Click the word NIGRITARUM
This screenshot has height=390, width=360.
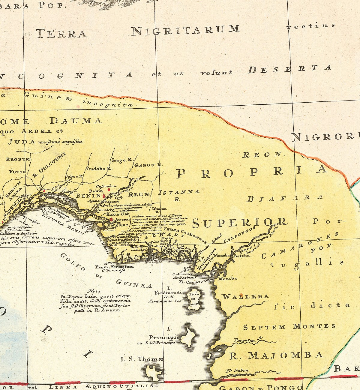186,30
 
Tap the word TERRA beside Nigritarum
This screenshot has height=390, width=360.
61,33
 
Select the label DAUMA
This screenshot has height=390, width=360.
76,121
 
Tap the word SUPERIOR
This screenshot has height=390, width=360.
239,222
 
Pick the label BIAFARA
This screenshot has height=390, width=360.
285,198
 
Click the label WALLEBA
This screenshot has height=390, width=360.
245,296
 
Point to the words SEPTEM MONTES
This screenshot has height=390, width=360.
289,327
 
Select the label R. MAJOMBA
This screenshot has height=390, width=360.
276,355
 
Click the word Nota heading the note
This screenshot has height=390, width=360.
94,291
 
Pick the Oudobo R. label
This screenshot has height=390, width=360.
99,169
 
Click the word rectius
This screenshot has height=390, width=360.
310,26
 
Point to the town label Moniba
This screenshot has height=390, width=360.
228,278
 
